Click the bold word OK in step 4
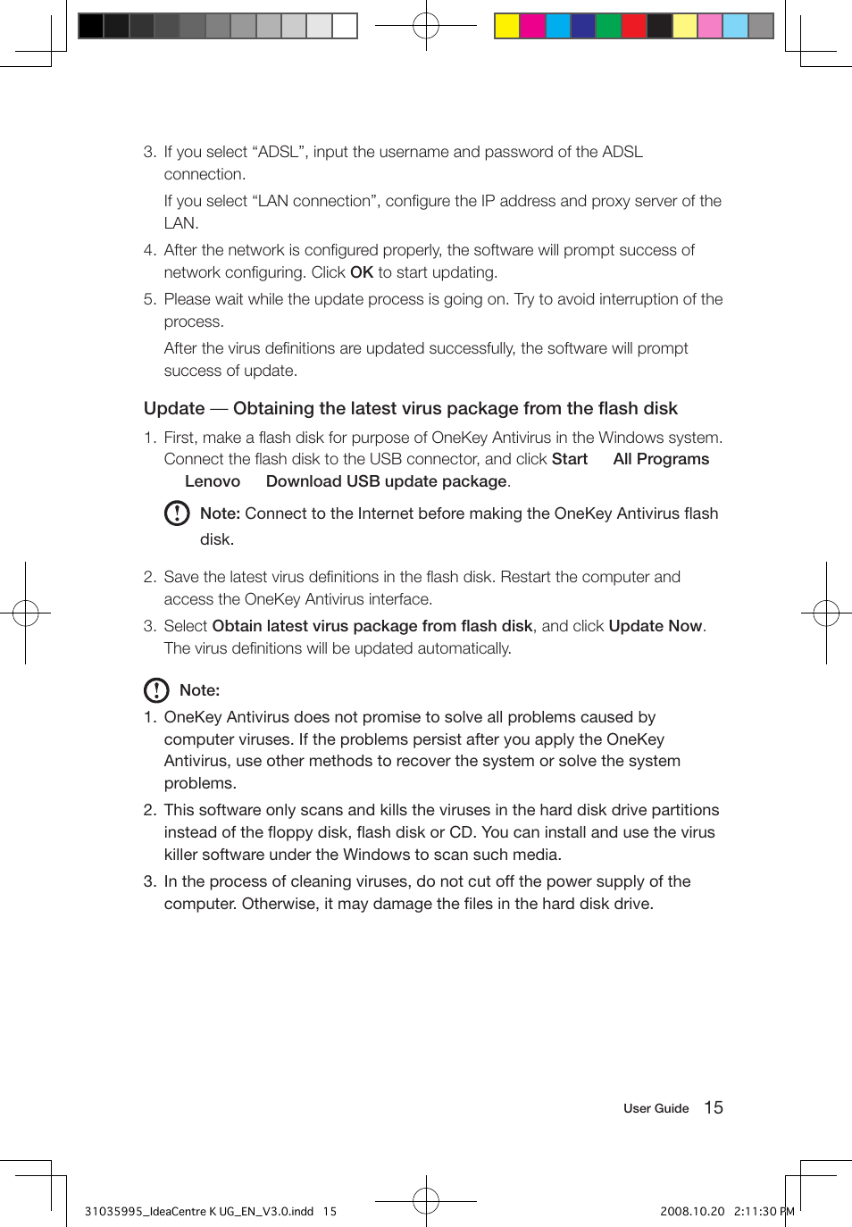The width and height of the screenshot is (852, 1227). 361,272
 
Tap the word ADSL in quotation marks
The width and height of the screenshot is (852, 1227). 278,152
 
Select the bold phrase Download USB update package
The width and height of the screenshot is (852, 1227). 386,481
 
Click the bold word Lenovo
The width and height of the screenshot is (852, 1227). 213,481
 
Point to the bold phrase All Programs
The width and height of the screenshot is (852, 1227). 661,459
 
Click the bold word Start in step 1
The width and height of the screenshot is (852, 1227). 569,459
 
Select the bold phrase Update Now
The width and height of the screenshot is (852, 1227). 655,626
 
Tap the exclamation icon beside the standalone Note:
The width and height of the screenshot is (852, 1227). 156,690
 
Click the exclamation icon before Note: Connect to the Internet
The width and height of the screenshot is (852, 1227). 177,513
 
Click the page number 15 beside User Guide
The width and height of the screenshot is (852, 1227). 714,1107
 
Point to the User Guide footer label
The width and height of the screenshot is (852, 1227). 656,1108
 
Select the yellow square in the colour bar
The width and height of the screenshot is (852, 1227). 507,26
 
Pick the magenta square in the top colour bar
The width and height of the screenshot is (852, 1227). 532,26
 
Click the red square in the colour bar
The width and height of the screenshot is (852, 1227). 634,26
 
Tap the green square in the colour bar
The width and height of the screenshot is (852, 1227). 608,26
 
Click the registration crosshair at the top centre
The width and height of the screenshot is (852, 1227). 426,26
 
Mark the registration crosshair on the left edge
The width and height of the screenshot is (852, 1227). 26,613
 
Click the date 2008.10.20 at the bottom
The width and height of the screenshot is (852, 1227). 691,1212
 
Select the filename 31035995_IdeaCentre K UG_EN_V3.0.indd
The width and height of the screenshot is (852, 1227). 199,1212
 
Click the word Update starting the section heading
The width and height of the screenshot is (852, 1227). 174,409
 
